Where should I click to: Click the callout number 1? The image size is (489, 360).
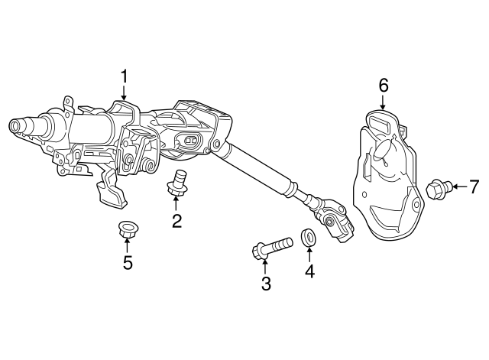124,76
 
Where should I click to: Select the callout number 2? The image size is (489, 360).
176,221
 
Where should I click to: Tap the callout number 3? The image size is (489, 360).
266,284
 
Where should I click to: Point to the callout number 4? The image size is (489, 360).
309,271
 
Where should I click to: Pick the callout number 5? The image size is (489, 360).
128,262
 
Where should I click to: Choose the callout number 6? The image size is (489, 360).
384,85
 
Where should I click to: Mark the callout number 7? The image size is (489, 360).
474,186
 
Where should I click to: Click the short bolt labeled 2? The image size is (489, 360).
176,183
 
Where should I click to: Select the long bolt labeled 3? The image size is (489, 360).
272,247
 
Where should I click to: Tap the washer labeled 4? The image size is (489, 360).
308,237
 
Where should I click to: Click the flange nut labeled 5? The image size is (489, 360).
128,229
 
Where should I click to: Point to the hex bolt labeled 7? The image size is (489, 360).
439,189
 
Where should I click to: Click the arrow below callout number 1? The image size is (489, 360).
124,93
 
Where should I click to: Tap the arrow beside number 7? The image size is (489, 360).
460,186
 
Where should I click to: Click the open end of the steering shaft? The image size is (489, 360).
14,125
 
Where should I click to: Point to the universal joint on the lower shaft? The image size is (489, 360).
333,221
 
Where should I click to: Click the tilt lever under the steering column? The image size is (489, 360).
110,188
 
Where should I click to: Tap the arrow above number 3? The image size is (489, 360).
265,267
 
